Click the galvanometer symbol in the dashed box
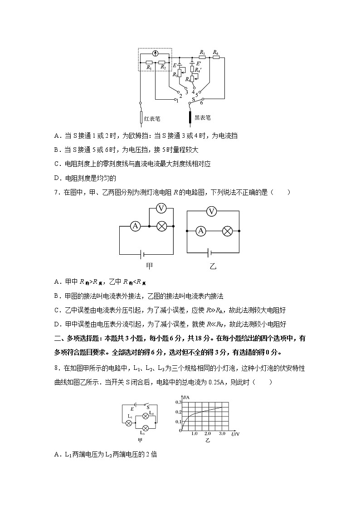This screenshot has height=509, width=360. (x=156, y=53)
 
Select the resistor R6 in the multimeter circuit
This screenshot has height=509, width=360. (x=216, y=58)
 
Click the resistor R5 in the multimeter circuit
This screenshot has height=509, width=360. (x=202, y=58)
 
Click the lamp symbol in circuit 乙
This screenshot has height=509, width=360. (x=228, y=231)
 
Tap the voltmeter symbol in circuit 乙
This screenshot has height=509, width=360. (x=211, y=211)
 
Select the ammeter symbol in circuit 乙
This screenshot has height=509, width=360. (x=201, y=231)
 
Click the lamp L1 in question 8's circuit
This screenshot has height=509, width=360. (x=129, y=422)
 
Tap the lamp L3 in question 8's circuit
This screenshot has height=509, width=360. (x=146, y=428)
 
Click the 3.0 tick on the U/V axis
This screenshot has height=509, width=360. (x=221, y=434)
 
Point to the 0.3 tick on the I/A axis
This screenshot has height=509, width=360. (x=179, y=402)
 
